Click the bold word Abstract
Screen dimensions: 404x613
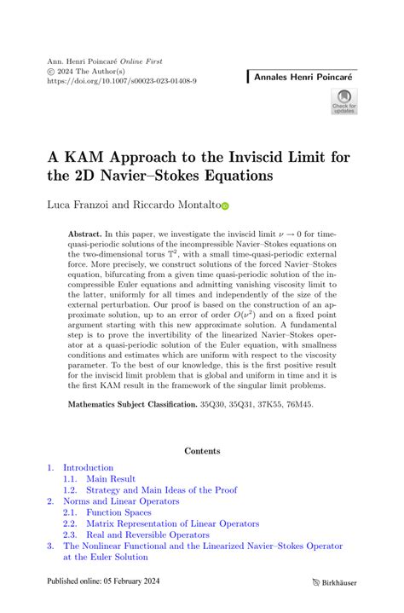84,233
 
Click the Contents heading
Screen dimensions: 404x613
201,451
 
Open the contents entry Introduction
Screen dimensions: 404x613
88,467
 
